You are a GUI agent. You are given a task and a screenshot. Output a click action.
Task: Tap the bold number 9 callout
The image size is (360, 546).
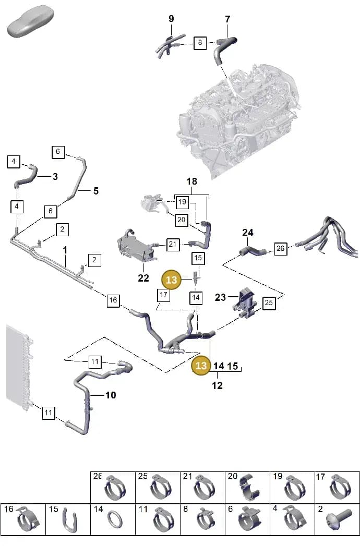coord(171,18)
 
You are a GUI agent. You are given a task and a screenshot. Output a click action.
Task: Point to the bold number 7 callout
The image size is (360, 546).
coord(227,19)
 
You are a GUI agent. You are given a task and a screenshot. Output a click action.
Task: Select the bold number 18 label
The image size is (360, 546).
coord(191,181)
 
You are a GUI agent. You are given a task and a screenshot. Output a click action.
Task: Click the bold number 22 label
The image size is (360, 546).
coord(143,278)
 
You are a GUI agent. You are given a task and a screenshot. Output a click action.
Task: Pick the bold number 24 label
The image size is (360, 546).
coord(247,232)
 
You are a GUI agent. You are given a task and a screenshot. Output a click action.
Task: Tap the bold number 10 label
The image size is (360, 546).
coord(111,395)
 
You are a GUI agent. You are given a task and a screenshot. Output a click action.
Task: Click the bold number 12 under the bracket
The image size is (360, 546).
coord(217,385)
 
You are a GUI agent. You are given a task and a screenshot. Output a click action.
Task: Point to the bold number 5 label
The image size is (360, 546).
coord(96,191)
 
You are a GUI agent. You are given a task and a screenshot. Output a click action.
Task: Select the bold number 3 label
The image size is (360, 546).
coord(55,177)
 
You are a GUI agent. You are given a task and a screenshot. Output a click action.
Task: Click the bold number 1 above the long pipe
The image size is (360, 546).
coord(65,250)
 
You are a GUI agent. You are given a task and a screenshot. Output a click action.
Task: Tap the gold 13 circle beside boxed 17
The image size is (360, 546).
coord(172,280)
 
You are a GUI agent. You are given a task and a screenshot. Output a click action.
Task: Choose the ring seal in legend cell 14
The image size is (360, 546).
coord(114,521)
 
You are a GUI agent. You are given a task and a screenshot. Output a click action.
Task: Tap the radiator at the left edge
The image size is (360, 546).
coord(19,366)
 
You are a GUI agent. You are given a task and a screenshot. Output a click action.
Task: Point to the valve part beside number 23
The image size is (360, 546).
coord(245,302)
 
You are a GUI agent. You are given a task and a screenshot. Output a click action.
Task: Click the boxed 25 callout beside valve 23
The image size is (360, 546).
coord(268,302)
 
